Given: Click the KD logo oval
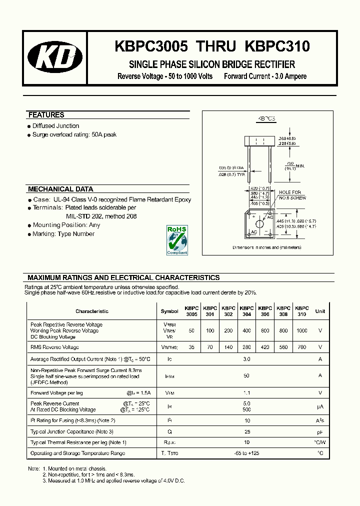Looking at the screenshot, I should (55, 58).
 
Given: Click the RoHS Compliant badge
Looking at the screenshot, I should (177, 240).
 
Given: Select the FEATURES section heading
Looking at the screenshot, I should (46, 115).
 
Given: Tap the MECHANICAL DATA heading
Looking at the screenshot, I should (60, 189).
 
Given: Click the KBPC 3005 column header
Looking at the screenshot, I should (191, 311).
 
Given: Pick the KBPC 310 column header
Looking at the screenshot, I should (302, 311).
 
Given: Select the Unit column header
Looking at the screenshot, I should (320, 311).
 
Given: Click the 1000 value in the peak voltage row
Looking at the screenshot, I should (302, 330).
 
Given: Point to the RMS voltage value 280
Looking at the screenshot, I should (246, 347).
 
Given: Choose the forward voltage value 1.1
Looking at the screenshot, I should (247, 393).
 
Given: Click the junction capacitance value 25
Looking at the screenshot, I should (247, 431).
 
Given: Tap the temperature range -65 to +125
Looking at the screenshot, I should (247, 453).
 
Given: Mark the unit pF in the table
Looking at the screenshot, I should (320, 431).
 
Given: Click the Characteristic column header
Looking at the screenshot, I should (92, 311).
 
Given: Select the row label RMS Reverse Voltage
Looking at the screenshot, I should (54, 347).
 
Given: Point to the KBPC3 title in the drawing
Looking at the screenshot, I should (266, 119).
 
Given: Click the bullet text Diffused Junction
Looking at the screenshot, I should (55, 126).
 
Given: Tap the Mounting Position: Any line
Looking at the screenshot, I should (66, 225).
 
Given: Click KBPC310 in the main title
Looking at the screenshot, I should (277, 46).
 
